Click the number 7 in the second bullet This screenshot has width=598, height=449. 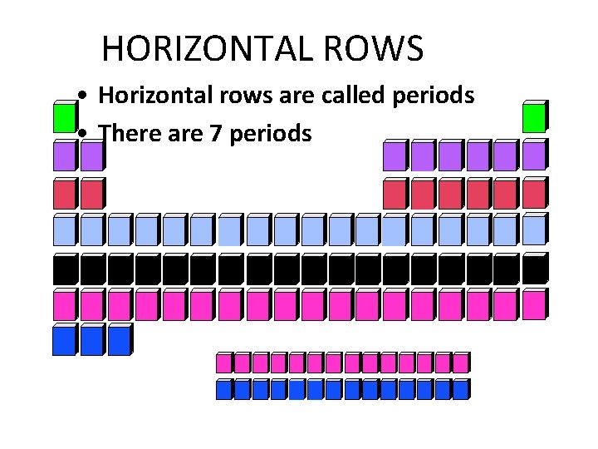(x=218, y=132)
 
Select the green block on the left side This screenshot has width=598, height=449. (x=63, y=118)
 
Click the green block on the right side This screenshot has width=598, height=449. (x=533, y=118)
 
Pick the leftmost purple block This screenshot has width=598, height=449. (x=63, y=156)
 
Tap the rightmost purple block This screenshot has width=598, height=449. (x=533, y=155)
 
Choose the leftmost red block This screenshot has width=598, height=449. (x=63, y=195)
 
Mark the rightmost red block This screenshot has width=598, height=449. (x=533, y=194)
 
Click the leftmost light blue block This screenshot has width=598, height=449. (x=63, y=230)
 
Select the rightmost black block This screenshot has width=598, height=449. (x=533, y=269)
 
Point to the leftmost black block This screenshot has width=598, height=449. (x=63, y=269)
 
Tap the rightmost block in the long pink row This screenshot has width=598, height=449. (x=533, y=305)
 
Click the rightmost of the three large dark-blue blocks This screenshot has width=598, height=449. (x=119, y=340)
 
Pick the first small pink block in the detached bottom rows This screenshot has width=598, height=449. (x=223, y=363)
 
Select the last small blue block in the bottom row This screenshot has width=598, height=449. (x=459, y=389)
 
